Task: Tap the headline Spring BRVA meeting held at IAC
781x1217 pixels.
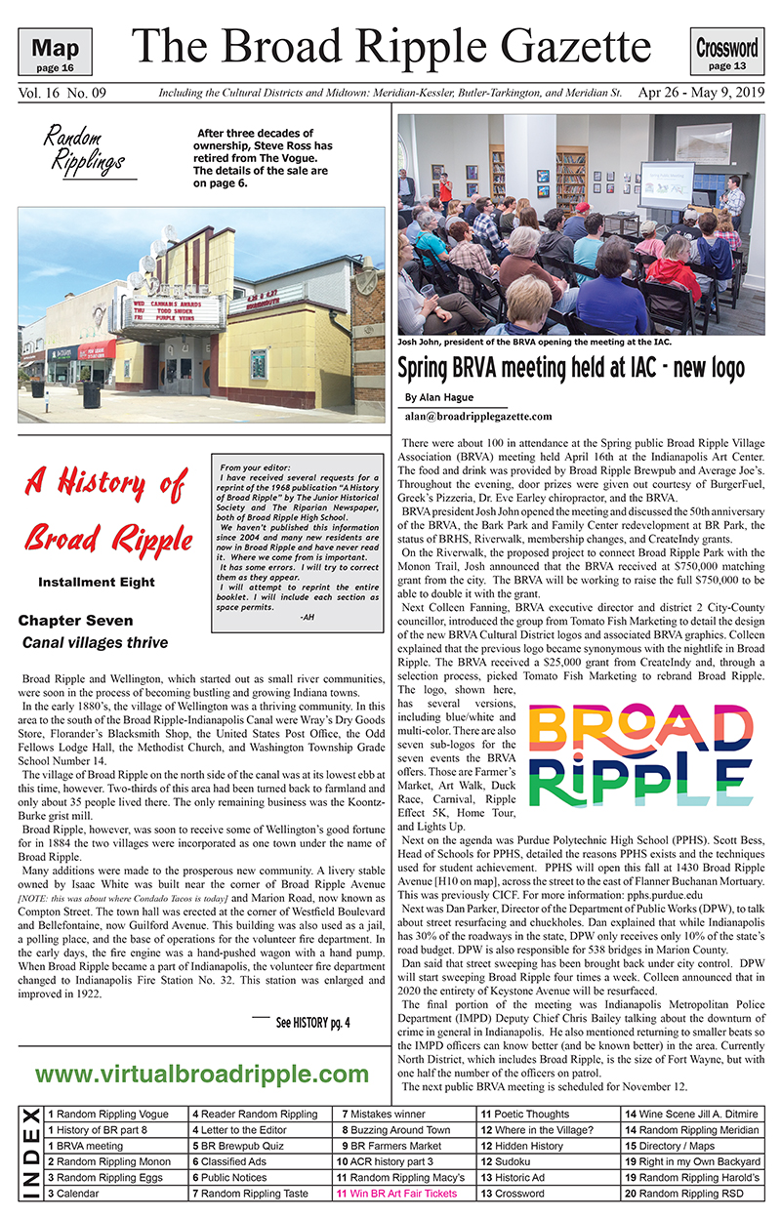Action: point(570,368)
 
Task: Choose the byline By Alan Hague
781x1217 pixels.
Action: point(438,397)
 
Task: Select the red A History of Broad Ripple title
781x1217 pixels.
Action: point(104,507)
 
